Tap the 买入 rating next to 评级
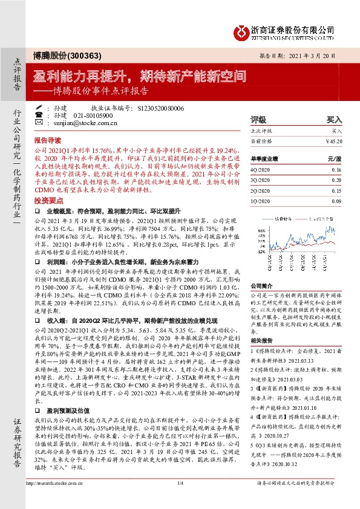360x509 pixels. (335, 120)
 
